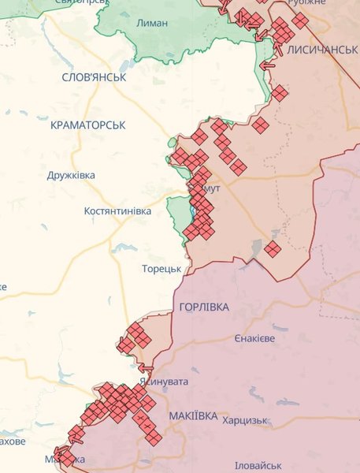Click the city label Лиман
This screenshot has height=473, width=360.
point(152,23)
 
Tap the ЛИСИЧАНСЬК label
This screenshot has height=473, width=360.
point(323,49)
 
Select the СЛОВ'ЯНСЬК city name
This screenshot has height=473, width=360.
point(93,76)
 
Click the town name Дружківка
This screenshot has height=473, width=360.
point(71,175)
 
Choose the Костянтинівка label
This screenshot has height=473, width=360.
point(118,212)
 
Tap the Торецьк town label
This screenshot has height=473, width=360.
point(161,268)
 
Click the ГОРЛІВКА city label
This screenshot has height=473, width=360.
point(204,307)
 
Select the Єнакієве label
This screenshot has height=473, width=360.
point(254,338)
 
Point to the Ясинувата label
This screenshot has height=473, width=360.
point(164,382)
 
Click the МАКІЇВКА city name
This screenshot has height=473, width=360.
point(193,415)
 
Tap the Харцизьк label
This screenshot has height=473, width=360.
point(246,421)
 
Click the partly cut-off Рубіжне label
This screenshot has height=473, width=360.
point(310,3)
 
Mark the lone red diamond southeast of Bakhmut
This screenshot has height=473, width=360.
point(273,249)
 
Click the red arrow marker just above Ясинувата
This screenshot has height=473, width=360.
point(146,367)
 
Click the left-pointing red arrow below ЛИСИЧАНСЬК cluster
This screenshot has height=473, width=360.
point(267,65)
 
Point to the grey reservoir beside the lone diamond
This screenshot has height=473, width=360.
point(257,248)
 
